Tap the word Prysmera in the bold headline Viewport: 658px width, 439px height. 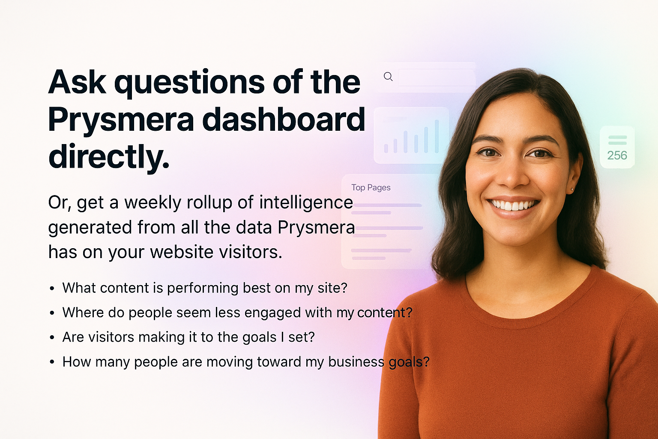(x=121, y=120)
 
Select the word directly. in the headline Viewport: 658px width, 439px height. (x=109, y=156)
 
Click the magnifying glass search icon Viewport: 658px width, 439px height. (x=388, y=77)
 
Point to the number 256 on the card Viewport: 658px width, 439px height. (x=617, y=155)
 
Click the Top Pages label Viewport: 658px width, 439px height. (x=371, y=187)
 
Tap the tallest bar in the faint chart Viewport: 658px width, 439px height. (x=437, y=136)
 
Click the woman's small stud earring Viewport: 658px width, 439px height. (x=572, y=189)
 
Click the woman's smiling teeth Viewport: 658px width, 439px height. (x=513, y=205)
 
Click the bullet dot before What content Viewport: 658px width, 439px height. (x=52, y=289)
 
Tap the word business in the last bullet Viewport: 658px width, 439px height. (x=356, y=362)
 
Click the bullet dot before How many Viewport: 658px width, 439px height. (x=52, y=362)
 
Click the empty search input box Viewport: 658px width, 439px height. (x=437, y=78)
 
